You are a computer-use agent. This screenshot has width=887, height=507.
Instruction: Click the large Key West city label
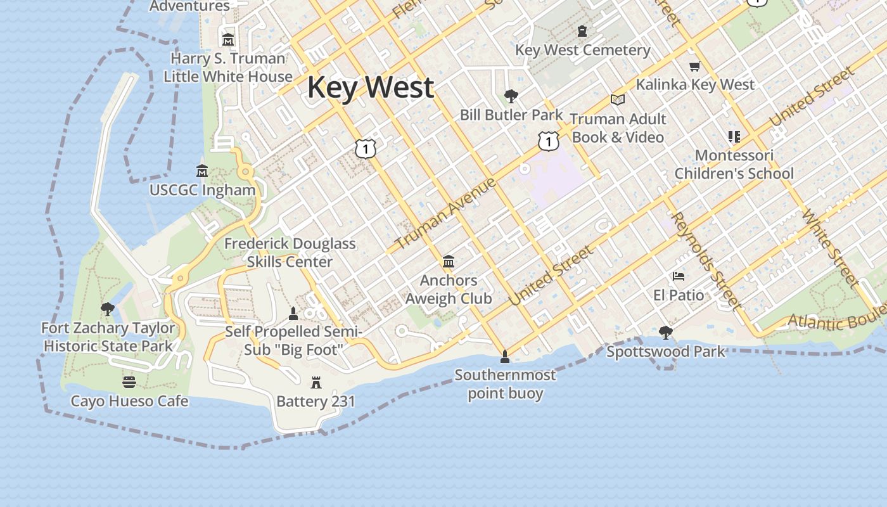(x=371, y=87)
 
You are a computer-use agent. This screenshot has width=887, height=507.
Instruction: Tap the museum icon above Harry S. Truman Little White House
(x=228, y=39)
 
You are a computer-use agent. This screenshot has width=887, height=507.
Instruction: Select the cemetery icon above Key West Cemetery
(x=582, y=30)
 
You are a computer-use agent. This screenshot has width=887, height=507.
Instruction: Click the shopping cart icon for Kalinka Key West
(x=695, y=66)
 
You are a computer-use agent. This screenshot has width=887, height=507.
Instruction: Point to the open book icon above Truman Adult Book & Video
(x=618, y=99)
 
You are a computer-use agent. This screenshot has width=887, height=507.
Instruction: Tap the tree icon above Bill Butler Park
(x=511, y=96)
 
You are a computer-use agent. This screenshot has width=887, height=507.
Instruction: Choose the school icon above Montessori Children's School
(x=734, y=137)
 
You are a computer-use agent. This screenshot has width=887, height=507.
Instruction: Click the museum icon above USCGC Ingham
(x=202, y=170)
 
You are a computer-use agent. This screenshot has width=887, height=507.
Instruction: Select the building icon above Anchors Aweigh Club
(x=449, y=261)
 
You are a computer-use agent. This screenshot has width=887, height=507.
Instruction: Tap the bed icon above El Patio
(x=679, y=276)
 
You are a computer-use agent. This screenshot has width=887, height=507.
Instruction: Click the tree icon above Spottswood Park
(x=665, y=332)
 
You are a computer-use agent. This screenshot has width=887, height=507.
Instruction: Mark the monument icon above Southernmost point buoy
(x=505, y=356)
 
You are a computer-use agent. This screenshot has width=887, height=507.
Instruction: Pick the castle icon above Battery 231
(x=316, y=382)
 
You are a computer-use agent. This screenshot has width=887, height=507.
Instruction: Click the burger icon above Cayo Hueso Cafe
(x=129, y=382)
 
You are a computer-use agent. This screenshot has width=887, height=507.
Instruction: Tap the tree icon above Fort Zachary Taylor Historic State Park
(x=108, y=309)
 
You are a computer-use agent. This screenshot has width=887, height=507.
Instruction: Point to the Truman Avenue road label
(x=445, y=214)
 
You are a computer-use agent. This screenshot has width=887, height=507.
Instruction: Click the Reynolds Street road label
(x=705, y=261)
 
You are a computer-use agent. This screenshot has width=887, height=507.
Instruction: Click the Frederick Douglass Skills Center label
(x=290, y=252)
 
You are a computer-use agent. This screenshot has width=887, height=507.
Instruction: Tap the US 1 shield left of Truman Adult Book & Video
(x=549, y=141)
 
